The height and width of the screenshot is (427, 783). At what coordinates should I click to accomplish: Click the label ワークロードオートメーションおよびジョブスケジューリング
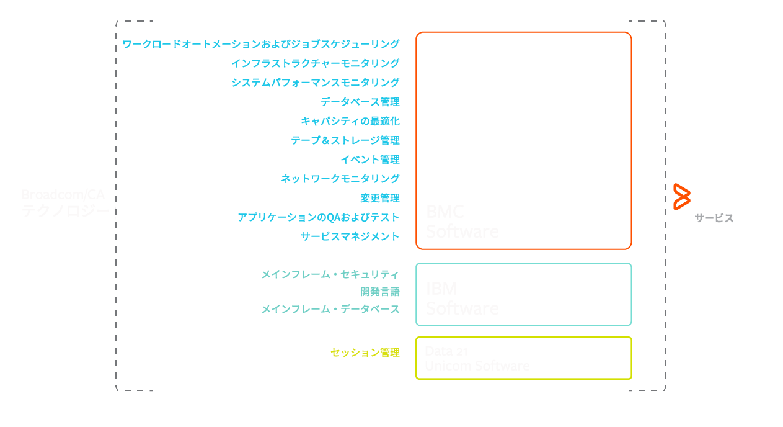coord(261,44)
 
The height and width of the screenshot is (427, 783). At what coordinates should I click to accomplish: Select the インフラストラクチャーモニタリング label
coord(315,63)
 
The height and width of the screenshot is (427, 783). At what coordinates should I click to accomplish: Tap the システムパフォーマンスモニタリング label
coord(315,83)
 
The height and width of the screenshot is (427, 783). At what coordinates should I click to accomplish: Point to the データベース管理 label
coord(360,102)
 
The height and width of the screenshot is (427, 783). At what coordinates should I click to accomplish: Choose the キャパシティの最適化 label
coord(350,121)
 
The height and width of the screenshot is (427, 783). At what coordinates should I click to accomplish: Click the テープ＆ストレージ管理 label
coord(345,140)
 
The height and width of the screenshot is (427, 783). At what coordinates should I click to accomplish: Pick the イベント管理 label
coord(369,160)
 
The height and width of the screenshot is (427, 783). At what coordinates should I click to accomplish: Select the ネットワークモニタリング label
coord(340,179)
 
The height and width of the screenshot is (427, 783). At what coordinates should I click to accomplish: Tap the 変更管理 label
coord(379,198)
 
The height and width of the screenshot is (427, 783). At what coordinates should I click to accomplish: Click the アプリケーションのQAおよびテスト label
coord(318,217)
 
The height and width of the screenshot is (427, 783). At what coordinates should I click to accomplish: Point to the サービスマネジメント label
coord(350,236)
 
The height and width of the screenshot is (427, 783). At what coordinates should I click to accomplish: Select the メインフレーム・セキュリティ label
coord(330,274)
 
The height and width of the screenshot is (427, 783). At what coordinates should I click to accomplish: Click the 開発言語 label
coord(379,292)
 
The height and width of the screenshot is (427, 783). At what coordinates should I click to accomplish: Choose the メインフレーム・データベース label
coord(330,309)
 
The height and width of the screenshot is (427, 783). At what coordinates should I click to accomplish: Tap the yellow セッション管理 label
coord(365,353)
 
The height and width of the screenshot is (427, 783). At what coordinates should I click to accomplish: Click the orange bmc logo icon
coord(682,197)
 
